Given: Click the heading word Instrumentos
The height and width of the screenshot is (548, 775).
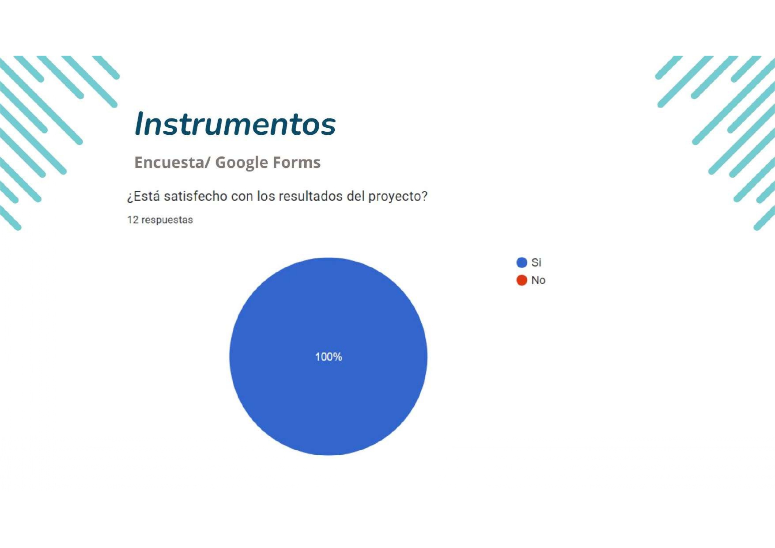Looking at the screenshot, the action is (235, 123).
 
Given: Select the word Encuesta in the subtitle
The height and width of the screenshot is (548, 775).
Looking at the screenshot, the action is (169, 162).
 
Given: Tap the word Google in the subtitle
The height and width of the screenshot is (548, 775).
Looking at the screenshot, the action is (242, 163).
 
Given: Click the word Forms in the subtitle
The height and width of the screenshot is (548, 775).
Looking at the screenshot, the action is (297, 162).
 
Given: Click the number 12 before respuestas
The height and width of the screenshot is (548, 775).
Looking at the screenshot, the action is (132, 220).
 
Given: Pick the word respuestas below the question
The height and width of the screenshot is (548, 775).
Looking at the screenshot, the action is (167, 220).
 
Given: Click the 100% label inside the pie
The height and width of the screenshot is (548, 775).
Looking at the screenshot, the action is (329, 357).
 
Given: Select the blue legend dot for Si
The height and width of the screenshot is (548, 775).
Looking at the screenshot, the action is (522, 263).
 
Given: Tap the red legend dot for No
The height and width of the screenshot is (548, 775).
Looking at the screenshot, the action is (522, 280).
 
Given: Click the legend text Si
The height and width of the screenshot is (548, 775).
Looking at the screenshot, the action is (536, 263).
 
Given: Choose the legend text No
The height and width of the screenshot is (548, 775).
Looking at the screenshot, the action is (538, 280).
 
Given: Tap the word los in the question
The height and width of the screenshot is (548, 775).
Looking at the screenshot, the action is (266, 196).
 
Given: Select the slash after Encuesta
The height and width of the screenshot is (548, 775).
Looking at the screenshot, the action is (208, 163).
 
